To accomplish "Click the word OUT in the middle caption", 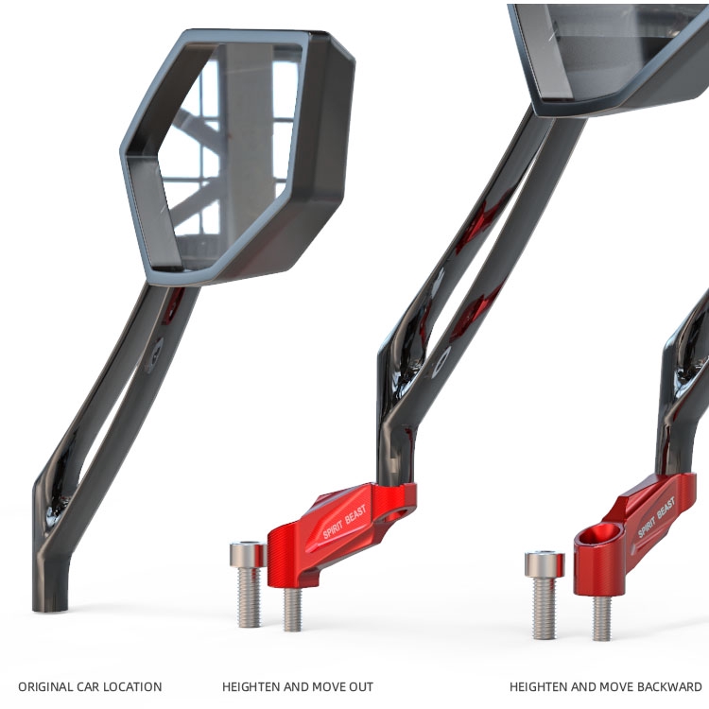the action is tap(361, 687).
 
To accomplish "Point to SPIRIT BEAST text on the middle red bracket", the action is tap(344, 521).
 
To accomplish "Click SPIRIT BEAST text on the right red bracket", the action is tap(657, 517).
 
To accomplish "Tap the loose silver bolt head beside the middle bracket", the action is tap(248, 554).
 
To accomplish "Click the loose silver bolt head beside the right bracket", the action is tap(544, 563).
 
